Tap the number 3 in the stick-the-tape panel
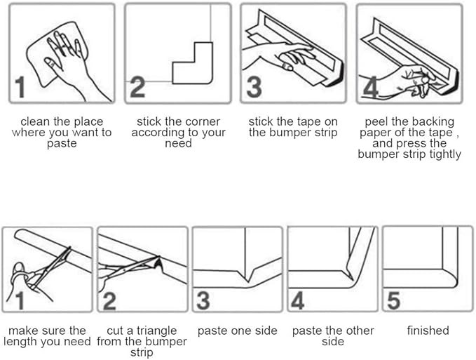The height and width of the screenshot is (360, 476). pos(254,88)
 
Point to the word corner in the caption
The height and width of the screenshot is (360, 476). pos(203,122)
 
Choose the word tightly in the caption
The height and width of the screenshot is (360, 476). pos(445,154)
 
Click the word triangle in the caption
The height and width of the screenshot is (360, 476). pos(156,331)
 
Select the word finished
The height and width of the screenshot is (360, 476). pos(428,331)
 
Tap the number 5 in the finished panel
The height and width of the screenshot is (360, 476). pos(394,300)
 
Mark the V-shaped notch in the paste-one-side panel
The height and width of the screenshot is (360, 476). pos(247,275)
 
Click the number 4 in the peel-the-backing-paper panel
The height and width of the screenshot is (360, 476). pos(371,87)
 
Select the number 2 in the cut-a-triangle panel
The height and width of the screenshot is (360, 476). pos(109,301)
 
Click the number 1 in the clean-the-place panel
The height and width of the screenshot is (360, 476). pos(20,87)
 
